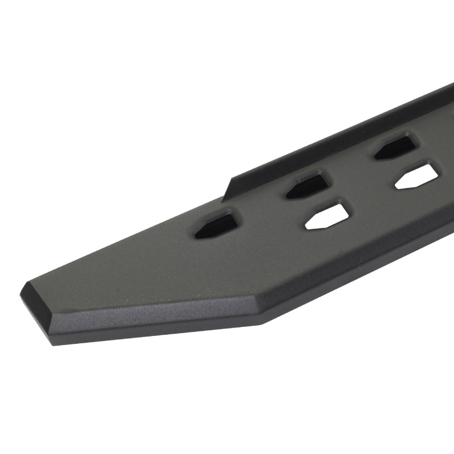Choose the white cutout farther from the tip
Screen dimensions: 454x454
[x=417, y=176]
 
